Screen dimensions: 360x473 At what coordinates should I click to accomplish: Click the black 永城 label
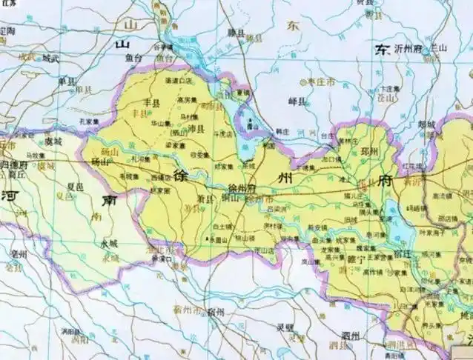coord(109,243)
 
